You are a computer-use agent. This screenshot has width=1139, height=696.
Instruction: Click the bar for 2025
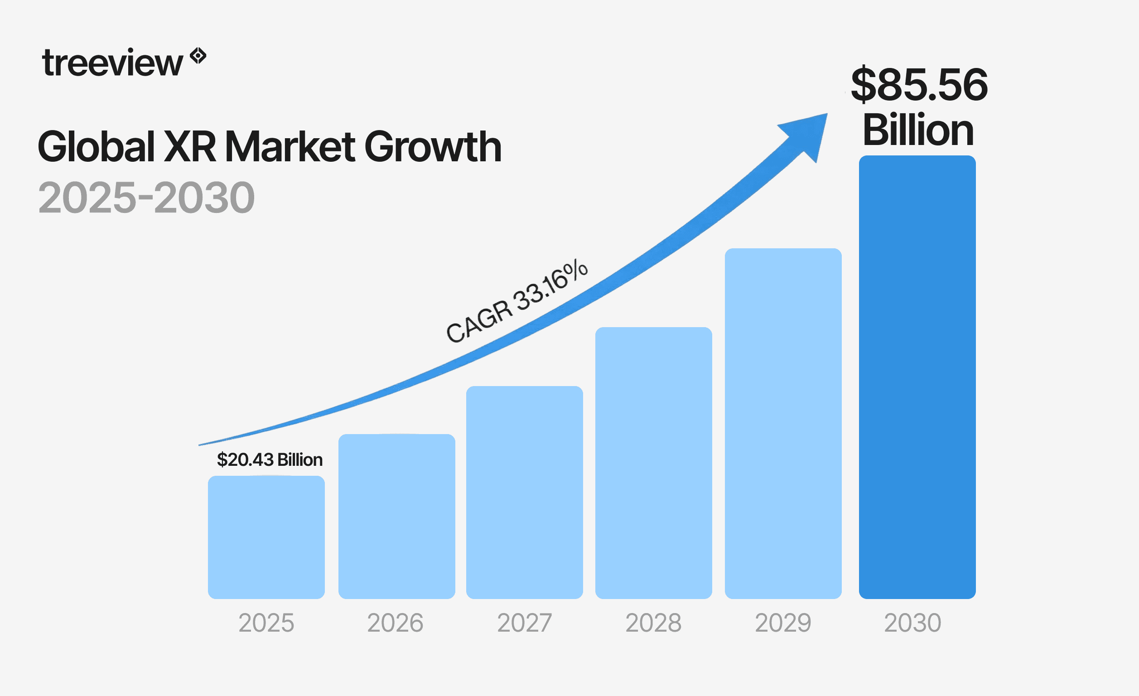coord(266,537)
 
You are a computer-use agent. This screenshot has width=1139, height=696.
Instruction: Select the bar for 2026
coord(396,516)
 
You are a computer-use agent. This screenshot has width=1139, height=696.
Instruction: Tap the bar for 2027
coord(524,492)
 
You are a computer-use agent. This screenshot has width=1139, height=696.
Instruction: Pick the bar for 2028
coord(654,463)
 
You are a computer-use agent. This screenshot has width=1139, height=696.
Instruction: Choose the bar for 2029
coord(783,423)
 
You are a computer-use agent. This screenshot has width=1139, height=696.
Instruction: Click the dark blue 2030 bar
coord(917,377)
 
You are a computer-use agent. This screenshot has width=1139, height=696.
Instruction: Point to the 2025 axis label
coord(266,623)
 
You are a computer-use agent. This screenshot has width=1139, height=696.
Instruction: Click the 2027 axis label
coord(524,623)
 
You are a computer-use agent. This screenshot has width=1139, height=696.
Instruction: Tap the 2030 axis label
coord(912,623)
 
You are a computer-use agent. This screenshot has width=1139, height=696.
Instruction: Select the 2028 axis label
coord(653,623)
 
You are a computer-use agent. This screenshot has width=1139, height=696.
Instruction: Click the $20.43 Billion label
coord(270,459)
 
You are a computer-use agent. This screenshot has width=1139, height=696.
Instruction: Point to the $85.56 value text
coord(919,85)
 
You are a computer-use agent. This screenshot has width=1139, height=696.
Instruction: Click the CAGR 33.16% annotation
coord(517,301)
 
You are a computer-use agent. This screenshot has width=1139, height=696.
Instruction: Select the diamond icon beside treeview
coord(198,56)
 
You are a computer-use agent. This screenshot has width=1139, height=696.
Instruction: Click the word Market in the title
coord(290,147)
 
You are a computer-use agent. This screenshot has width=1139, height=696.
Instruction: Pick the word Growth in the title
coord(433,147)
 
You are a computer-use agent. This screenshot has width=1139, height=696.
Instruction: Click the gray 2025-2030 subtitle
coord(146,198)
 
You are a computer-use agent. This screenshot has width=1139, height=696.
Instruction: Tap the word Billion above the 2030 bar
coord(918,130)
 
